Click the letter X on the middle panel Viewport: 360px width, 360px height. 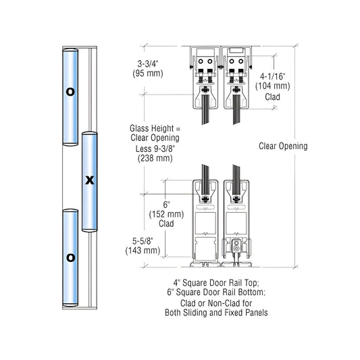pyautogui.click(x=88, y=180)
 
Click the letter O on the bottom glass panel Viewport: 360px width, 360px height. pyautogui.click(x=70, y=257)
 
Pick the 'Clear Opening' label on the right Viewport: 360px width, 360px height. pyautogui.click(x=283, y=146)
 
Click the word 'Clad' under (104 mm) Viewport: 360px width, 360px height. pyautogui.click(x=273, y=97)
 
